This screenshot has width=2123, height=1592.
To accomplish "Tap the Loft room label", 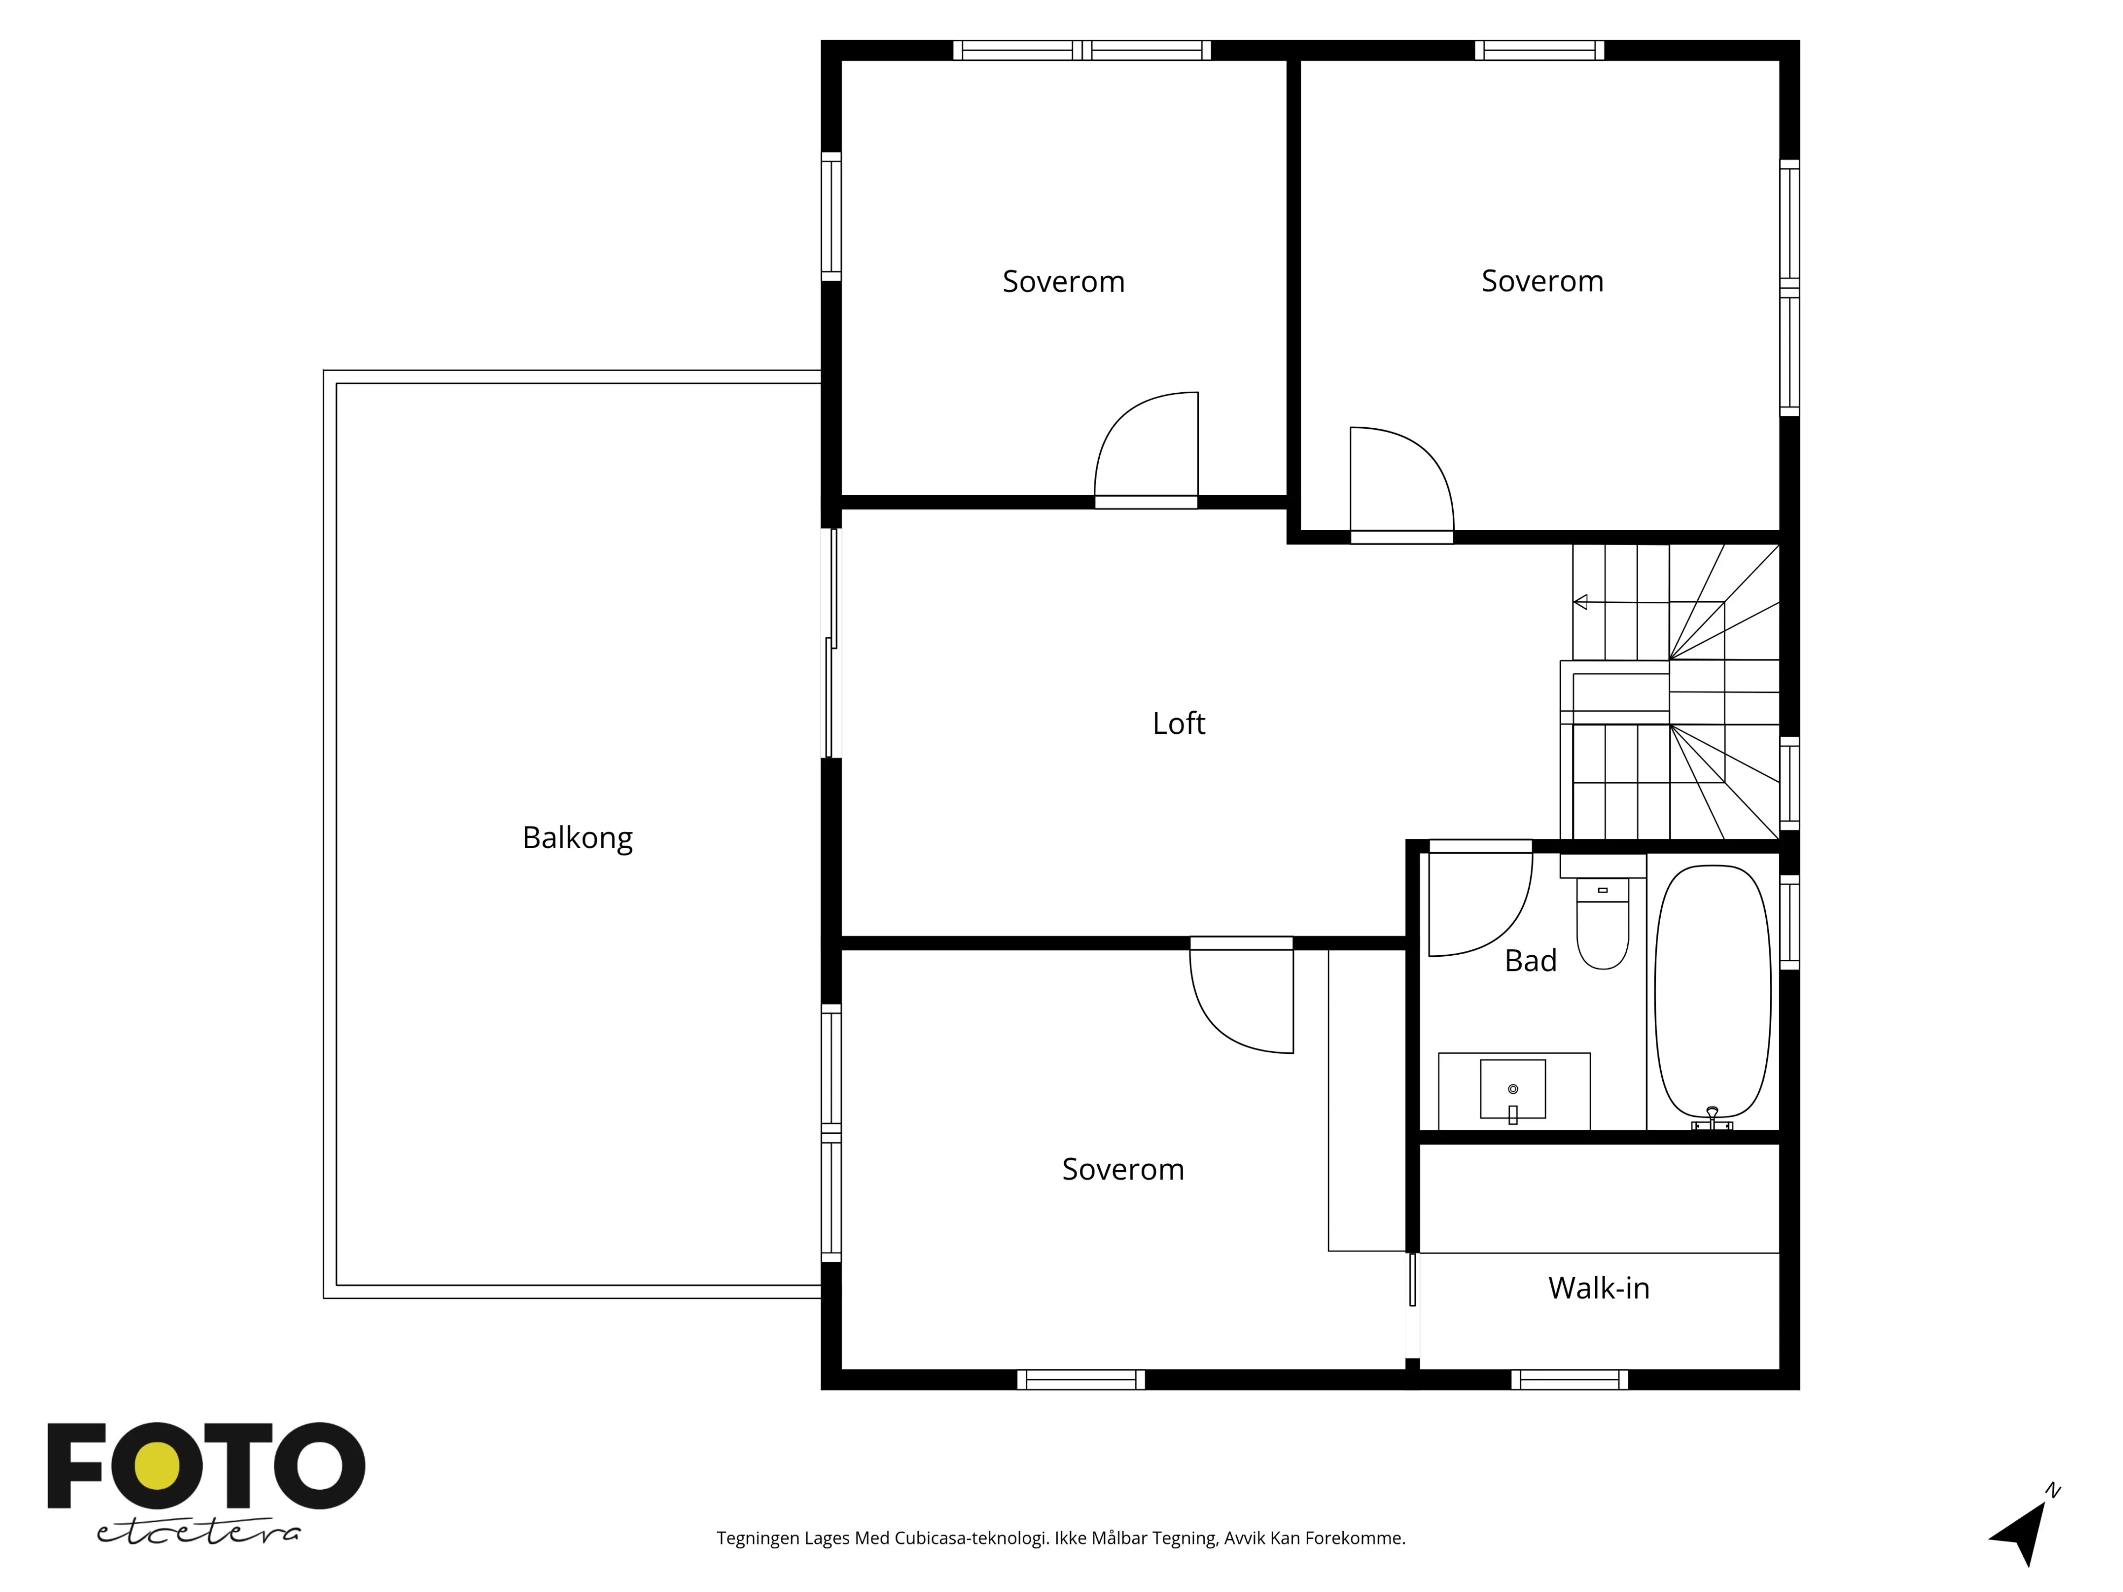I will point(1178,724).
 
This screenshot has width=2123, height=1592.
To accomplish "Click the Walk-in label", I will point(1598,1288).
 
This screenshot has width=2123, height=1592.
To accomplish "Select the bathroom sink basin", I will point(1513,1089).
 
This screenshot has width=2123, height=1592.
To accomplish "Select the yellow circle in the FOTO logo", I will point(157,1466).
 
